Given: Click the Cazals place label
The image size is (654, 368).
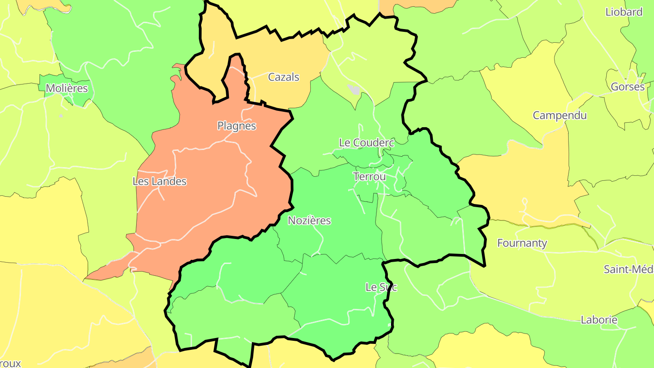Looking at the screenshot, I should (283, 77).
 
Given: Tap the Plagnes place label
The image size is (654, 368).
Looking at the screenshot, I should (237, 126).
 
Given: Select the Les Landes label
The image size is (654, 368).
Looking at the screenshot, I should (159, 181).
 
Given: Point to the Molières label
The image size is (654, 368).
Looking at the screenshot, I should (67, 88).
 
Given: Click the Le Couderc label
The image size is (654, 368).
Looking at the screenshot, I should (367, 143).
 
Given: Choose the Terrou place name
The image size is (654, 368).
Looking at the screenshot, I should (370, 176).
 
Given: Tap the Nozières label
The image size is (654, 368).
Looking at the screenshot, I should (309, 221).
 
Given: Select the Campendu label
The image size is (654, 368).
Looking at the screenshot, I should (560, 115).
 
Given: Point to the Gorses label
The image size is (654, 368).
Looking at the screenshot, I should (627, 87).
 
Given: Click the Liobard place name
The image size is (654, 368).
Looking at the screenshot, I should (624, 12).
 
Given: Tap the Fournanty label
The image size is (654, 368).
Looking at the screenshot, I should (522, 243).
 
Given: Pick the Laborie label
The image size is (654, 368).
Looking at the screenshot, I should (599, 320).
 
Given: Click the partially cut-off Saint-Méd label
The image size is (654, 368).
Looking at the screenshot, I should (628, 269).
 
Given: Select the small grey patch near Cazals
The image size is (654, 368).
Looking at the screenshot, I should (353, 89).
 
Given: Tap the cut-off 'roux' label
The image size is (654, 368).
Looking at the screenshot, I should (10, 363).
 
